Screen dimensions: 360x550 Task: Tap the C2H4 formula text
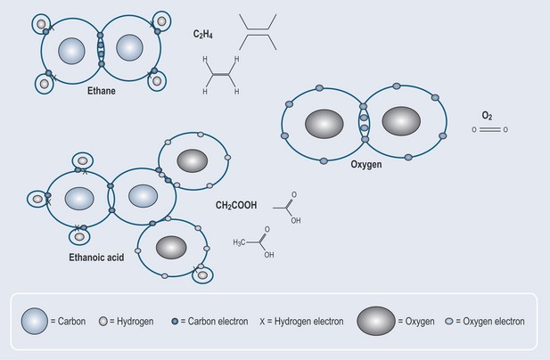click(x=206, y=35)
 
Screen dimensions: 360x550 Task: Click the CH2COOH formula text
click(x=236, y=206)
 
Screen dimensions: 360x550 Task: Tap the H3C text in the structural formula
click(x=243, y=241)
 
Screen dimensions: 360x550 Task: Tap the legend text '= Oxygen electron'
click(x=489, y=321)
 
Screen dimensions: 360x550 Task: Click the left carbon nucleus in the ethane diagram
click(x=71, y=49)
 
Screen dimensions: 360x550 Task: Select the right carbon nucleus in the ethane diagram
click(x=130, y=48)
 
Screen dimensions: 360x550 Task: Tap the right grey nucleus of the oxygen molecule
click(x=402, y=120)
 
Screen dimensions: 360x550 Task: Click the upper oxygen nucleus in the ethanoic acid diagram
click(x=193, y=161)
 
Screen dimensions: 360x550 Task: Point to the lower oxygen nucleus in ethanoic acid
click(x=170, y=246)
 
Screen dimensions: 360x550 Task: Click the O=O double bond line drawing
click(x=491, y=130)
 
